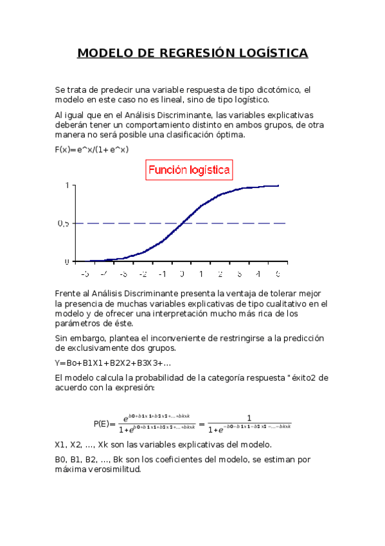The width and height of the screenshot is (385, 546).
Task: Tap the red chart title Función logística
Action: coord(189,171)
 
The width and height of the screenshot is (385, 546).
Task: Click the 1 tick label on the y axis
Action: coord(66,185)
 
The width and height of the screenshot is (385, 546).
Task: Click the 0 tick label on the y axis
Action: coord(66,261)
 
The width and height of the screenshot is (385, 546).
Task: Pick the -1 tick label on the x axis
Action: coord(162,274)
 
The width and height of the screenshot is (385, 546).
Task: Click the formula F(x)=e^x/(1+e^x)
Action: coord(92,149)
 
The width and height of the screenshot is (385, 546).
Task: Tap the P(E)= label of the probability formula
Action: coord(104,424)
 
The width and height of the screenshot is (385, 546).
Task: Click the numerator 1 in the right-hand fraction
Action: coord(249,417)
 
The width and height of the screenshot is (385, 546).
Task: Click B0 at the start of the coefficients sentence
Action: coord(61,459)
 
